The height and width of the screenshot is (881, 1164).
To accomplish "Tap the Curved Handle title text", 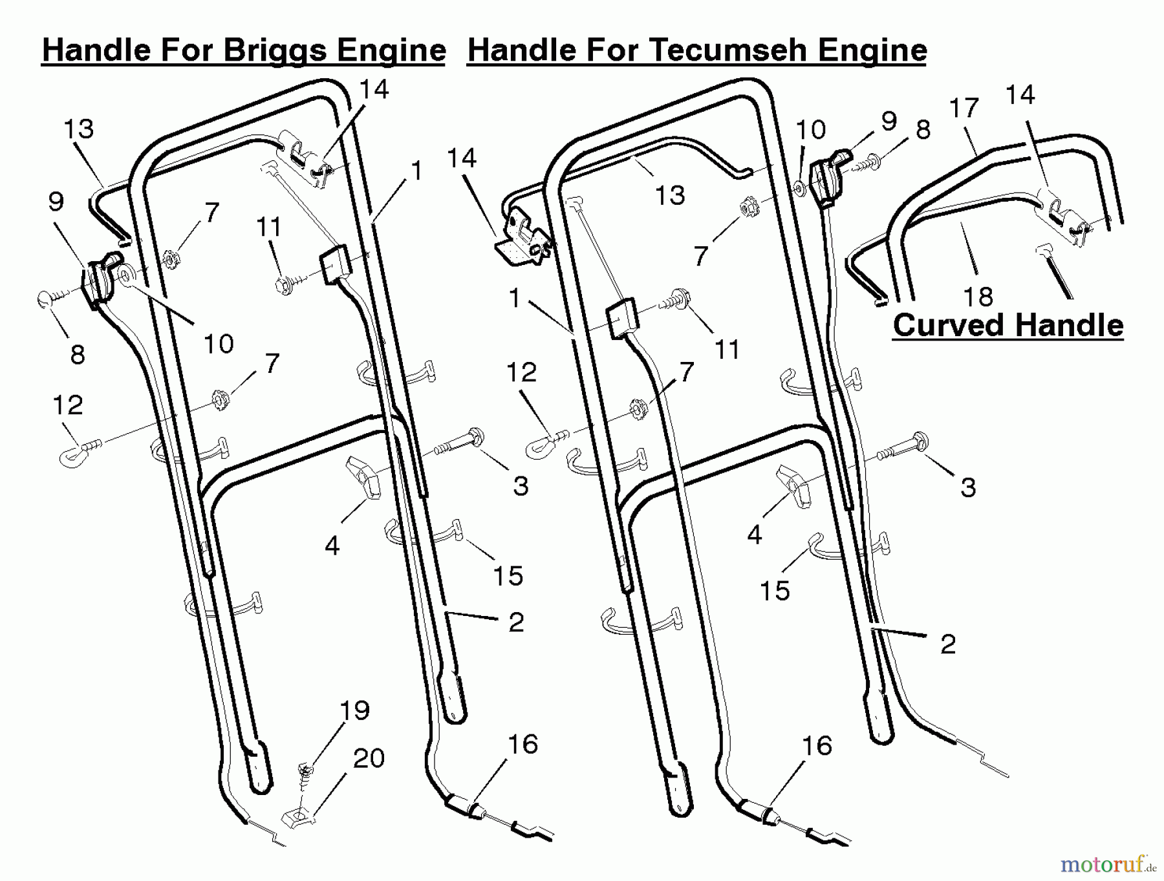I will (1008, 325).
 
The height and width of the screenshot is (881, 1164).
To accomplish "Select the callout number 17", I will (964, 108).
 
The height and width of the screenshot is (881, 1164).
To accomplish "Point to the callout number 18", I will (978, 297).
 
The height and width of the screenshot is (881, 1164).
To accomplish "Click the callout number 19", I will (354, 711).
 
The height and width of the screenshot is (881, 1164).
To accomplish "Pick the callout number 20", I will (369, 758).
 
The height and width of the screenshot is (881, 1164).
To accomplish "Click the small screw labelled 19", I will (304, 772).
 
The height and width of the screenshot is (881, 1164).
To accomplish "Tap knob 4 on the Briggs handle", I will (365, 477).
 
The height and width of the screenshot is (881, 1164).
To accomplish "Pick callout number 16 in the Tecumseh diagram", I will (816, 746).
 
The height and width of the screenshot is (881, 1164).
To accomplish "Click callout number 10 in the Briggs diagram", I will (219, 344).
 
